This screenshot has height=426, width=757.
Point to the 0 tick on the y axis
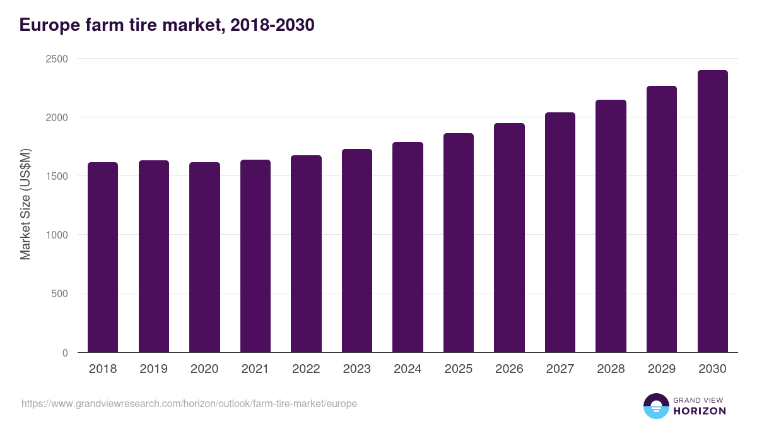tap(65, 353)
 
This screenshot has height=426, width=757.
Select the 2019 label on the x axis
tap(153, 369)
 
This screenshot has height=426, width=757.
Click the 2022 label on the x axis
tap(306, 369)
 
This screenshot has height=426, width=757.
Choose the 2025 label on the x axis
tap(459, 369)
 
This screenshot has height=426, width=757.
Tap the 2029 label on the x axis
tap(662, 369)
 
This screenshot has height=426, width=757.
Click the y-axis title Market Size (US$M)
tap(25, 204)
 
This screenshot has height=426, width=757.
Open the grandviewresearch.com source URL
tap(189, 403)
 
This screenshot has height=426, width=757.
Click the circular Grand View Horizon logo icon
tap(656, 406)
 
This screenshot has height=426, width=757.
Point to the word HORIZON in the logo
tap(700, 411)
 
